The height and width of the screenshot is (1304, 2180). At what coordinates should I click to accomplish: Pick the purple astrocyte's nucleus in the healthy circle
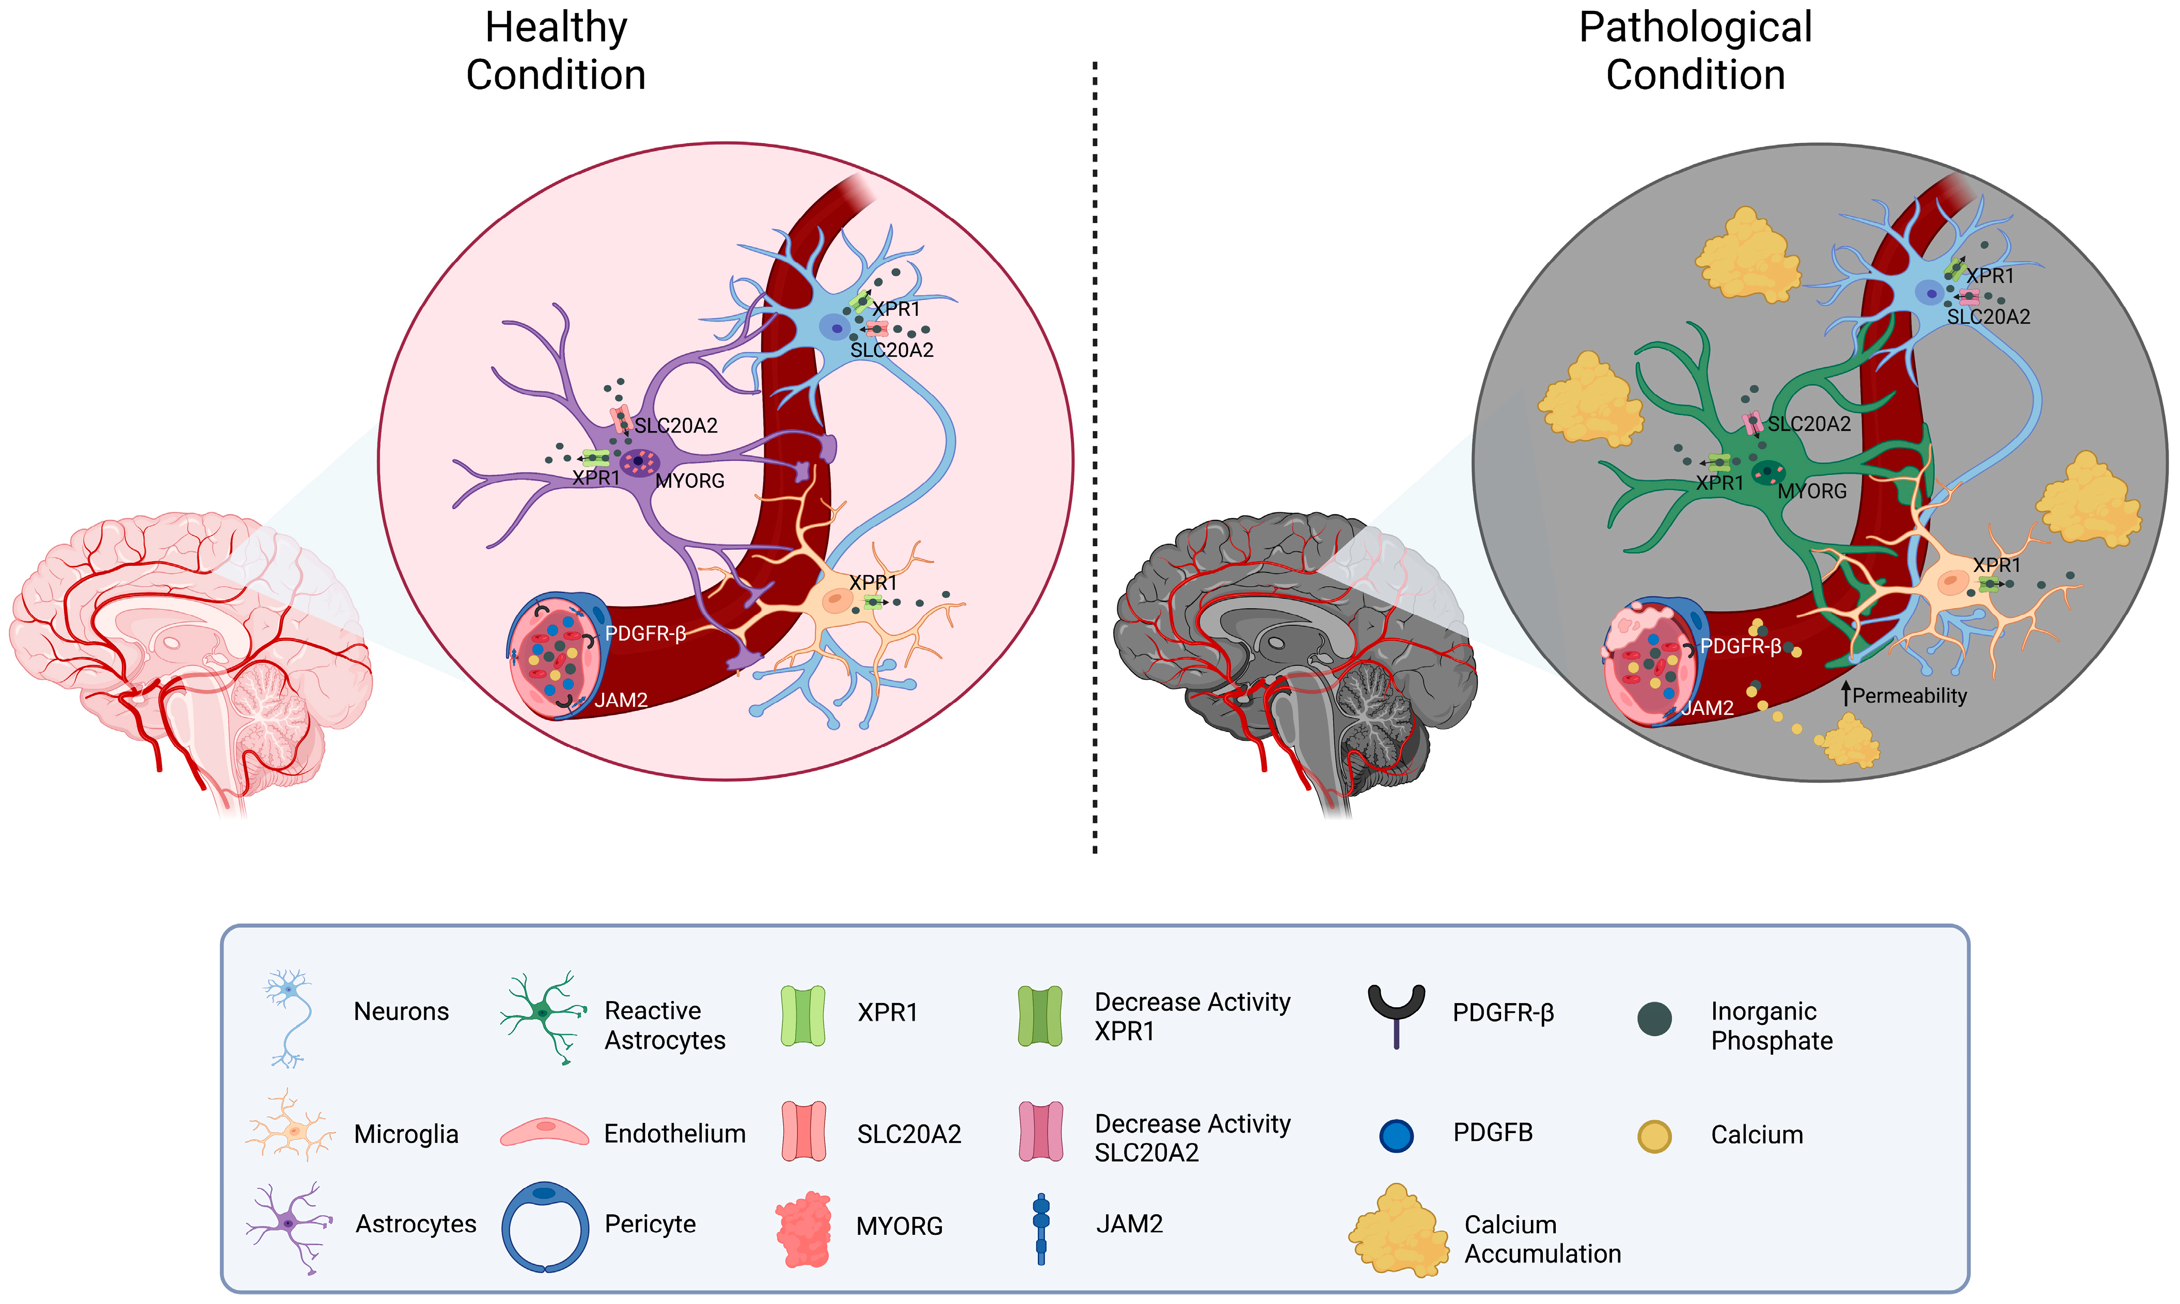[x=639, y=462]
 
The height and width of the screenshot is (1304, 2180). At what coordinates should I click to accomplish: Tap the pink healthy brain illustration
[x=189, y=650]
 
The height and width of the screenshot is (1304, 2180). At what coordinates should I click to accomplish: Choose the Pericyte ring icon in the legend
[x=545, y=1226]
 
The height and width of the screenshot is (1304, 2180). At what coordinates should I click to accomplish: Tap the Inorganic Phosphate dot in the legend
[x=1654, y=1019]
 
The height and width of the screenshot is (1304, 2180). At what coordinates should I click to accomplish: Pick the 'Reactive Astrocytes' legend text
[x=665, y=1025]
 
